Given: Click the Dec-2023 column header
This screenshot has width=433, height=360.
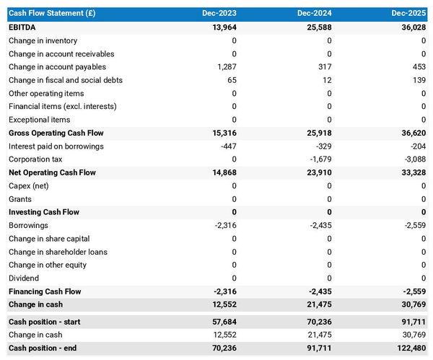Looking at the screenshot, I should [x=220, y=14].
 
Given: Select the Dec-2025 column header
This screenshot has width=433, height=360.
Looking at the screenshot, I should [x=410, y=14].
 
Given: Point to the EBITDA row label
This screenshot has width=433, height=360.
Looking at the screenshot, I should [x=22, y=27].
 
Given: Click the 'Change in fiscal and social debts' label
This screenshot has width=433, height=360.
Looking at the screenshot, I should [x=66, y=80].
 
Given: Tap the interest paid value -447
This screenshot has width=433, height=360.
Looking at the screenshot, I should [x=227, y=146].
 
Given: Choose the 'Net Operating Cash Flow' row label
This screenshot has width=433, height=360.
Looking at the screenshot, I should [x=52, y=172].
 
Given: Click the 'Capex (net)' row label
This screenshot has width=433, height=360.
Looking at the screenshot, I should [x=30, y=186].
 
